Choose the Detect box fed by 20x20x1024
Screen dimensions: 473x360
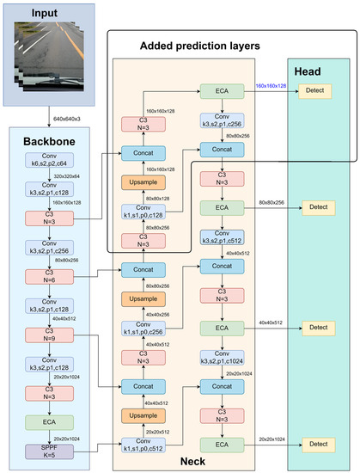(319, 445)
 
